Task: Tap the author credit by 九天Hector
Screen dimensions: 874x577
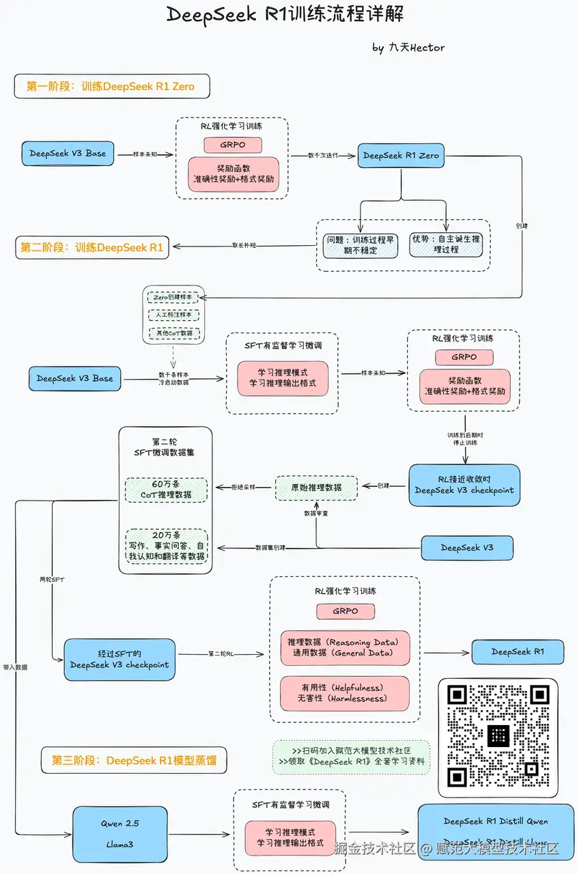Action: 408,47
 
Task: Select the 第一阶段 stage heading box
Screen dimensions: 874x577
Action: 111,87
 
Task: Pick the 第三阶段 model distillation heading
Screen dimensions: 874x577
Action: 134,760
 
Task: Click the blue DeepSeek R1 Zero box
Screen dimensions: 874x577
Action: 401,155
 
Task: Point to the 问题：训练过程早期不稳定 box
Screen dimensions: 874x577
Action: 361,244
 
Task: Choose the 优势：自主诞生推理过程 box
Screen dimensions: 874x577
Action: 446,244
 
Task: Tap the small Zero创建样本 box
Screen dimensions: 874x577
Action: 173,298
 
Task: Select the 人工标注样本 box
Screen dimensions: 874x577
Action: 173,315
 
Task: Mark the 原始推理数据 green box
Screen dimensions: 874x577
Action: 316,487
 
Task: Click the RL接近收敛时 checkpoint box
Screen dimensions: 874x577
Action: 464,485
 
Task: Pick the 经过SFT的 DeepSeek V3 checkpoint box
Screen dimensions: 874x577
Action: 119,660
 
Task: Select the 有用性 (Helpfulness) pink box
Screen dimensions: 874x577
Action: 345,693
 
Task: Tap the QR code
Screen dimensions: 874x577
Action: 498,737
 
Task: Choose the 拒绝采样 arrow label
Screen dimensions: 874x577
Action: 244,487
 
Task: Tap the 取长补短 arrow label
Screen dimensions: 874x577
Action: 244,244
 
